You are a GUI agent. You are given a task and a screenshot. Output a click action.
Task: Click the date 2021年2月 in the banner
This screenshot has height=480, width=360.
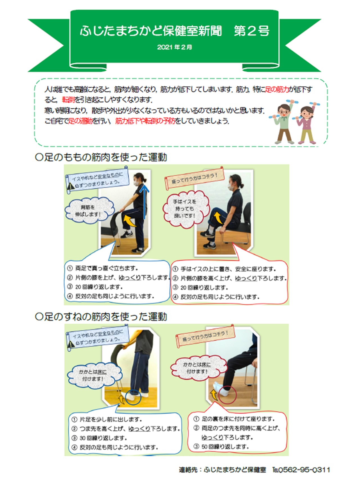pyautogui.click(x=175, y=47)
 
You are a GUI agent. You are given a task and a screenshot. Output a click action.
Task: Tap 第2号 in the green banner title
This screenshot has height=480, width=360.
pyautogui.click(x=252, y=31)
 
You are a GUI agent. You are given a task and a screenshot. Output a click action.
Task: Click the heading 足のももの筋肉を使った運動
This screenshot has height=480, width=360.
pyautogui.click(x=101, y=157)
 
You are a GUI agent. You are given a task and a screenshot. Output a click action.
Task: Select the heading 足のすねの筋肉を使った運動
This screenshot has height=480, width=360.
pyautogui.click(x=101, y=317)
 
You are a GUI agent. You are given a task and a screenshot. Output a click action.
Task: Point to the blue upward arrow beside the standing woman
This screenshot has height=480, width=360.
pyautogui.click(x=145, y=201)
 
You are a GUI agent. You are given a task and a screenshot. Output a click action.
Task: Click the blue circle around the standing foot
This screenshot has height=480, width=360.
pyautogui.click(x=133, y=397)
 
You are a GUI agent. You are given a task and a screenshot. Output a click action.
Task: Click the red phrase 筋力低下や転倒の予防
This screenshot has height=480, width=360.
pyautogui.click(x=145, y=121)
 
